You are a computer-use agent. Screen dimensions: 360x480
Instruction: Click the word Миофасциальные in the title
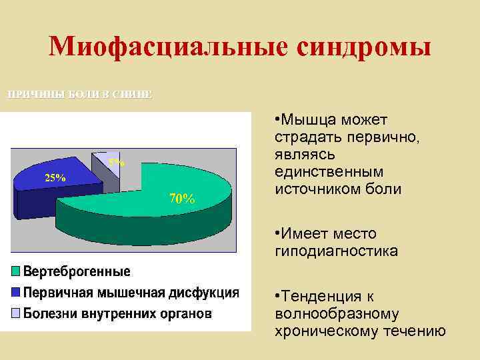tap(167, 47)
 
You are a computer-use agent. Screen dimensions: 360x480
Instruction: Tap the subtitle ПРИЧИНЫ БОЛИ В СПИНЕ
tap(79, 94)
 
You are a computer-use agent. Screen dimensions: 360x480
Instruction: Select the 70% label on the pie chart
tap(182, 198)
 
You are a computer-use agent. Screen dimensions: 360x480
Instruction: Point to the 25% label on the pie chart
tap(55, 178)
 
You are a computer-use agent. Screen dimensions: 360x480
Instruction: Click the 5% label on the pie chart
tap(116, 162)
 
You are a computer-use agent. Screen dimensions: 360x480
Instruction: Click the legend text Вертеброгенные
tap(77, 272)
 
